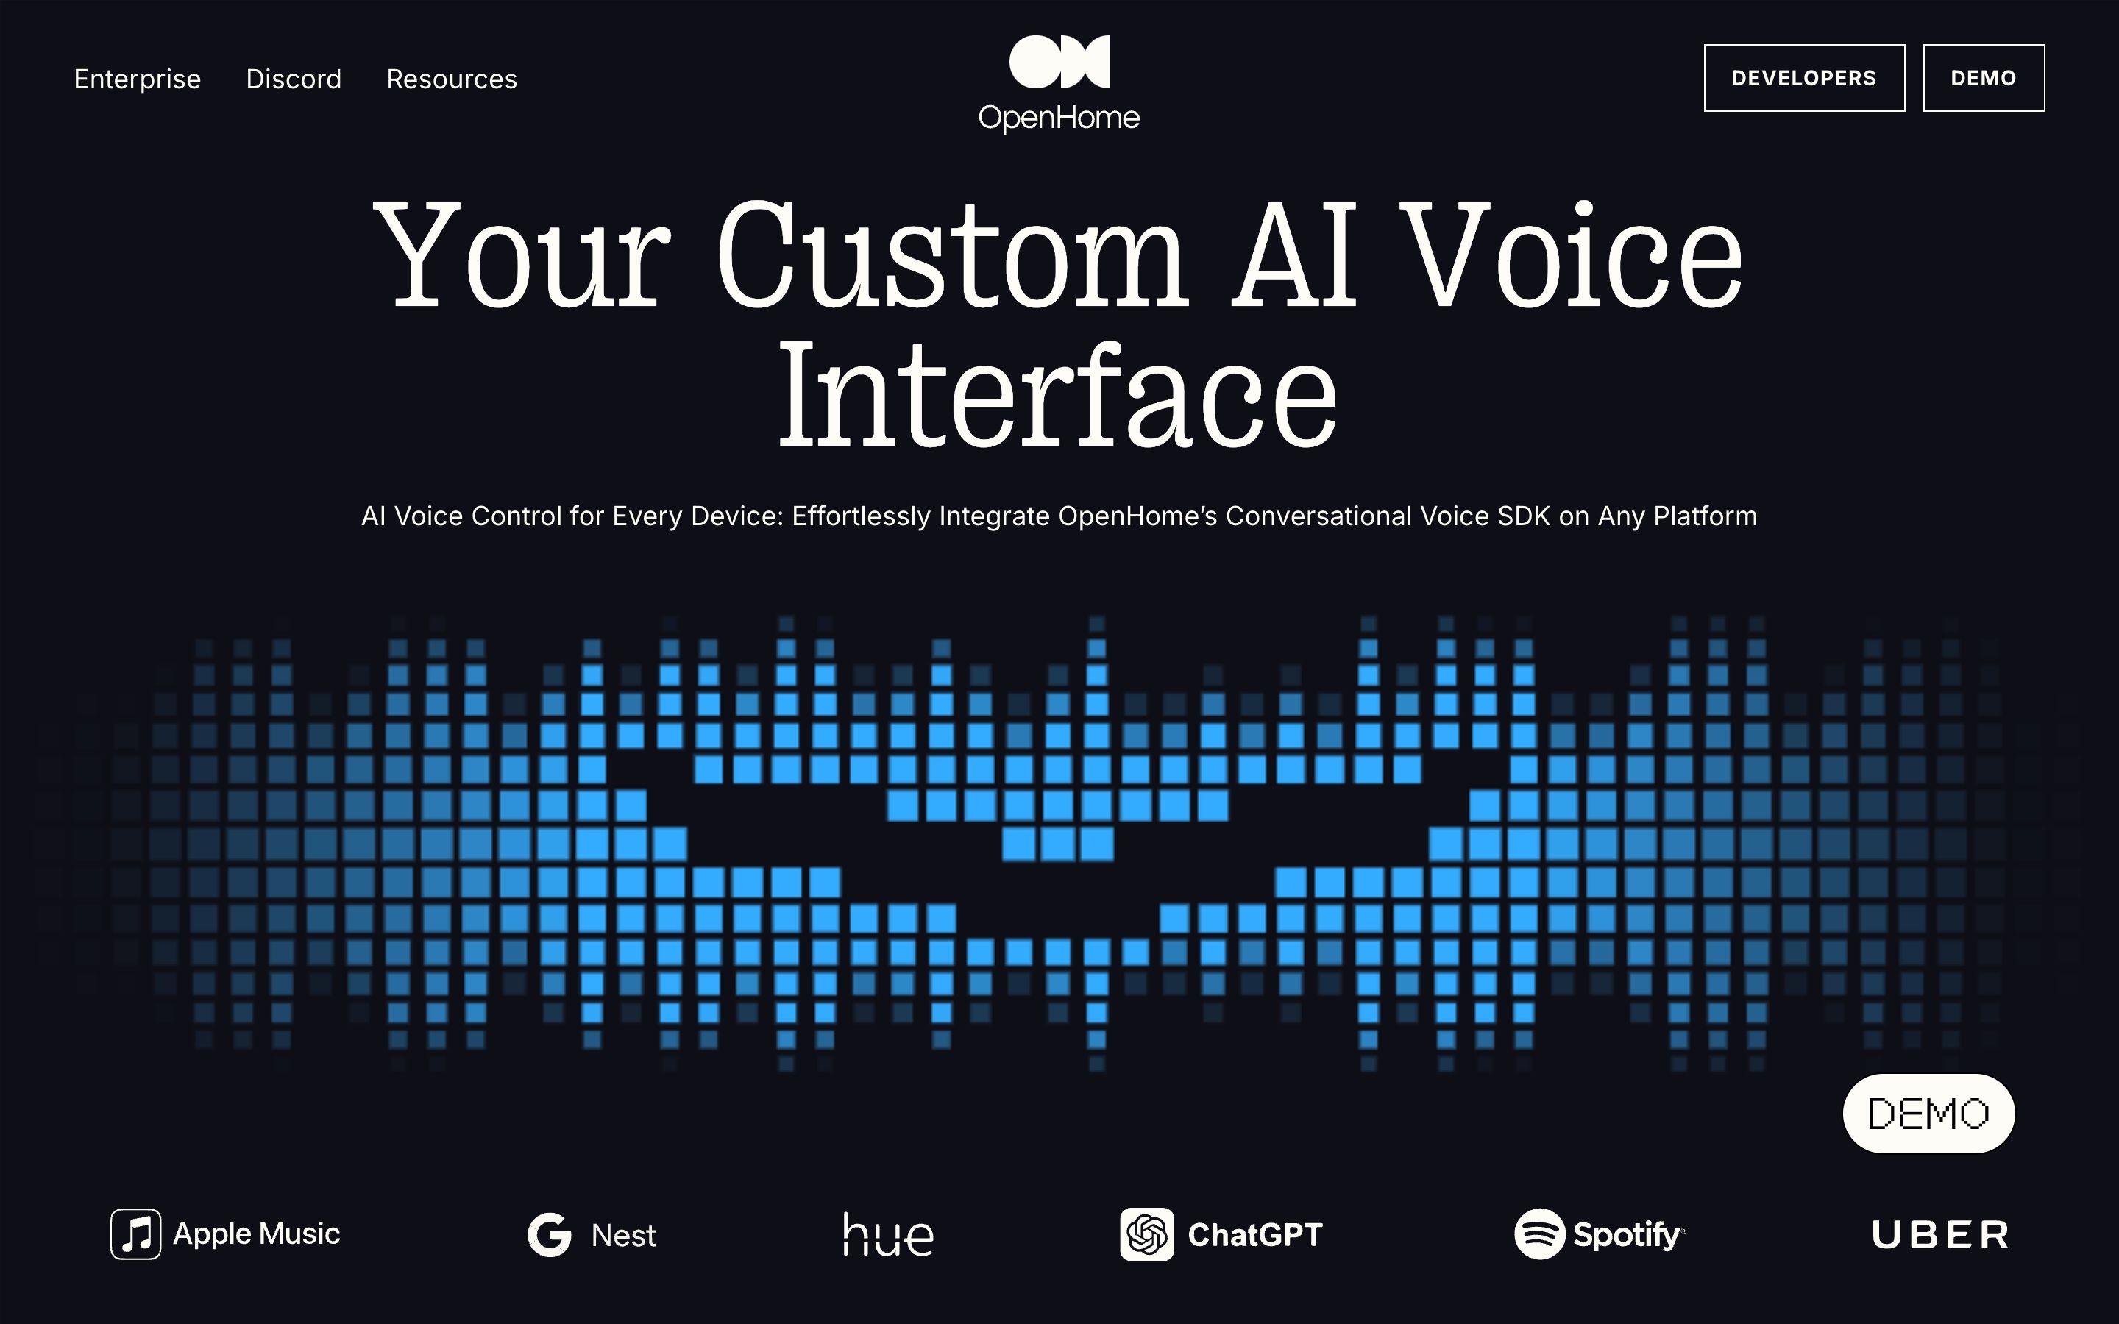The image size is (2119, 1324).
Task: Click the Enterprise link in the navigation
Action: pos(138,79)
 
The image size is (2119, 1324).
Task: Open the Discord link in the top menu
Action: pos(294,79)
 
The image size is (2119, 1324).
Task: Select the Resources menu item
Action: pos(452,79)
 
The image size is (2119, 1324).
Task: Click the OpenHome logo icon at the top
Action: pos(1059,63)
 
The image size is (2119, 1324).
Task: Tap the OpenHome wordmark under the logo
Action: pos(1059,118)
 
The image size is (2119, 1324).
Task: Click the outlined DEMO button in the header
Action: pos(1984,78)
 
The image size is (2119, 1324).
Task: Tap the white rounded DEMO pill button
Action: pos(1928,1113)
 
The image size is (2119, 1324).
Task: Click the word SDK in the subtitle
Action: pos(1524,516)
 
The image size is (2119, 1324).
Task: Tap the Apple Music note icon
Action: pos(135,1234)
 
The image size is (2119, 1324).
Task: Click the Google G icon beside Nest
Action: pos(550,1235)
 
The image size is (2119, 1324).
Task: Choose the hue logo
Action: pos(888,1235)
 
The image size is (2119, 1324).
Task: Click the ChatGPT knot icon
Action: pos(1147,1235)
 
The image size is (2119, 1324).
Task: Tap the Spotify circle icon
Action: pos(1539,1234)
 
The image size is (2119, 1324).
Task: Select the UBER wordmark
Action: pos(1940,1235)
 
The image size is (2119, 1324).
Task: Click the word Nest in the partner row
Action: pos(623,1236)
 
